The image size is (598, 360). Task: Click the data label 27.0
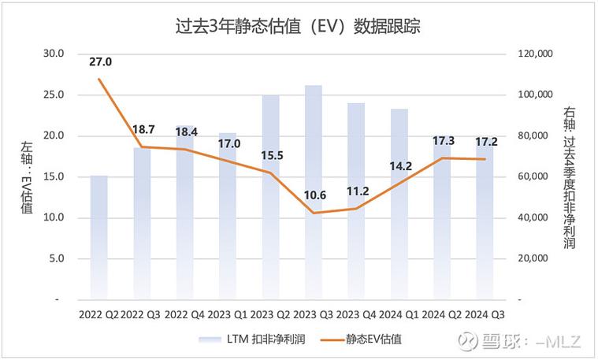click(x=101, y=61)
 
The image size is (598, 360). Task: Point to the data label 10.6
click(x=314, y=195)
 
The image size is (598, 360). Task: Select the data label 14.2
click(x=400, y=166)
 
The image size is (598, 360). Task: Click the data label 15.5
click(x=272, y=156)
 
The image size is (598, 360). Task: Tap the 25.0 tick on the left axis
click(x=54, y=95)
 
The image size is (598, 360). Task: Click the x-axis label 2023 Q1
click(x=228, y=314)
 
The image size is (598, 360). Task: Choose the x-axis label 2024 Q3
click(x=485, y=314)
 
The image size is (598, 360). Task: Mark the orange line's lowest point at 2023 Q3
click(x=314, y=213)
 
